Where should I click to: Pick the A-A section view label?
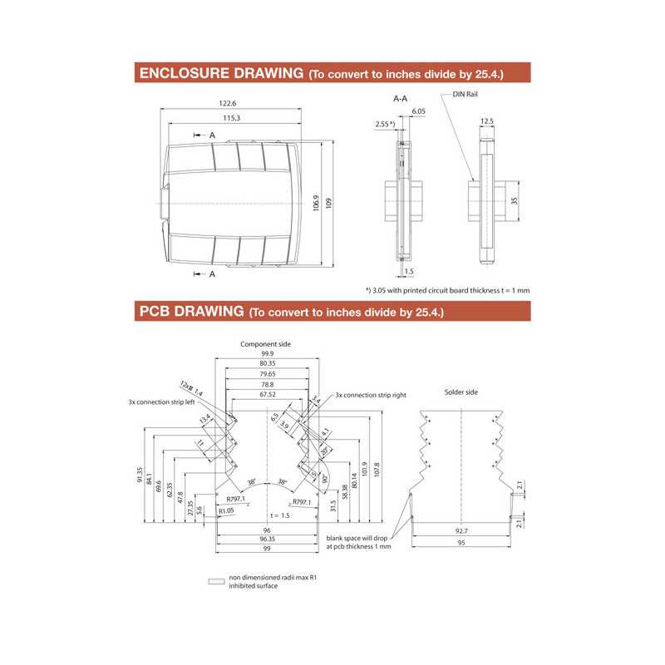pyautogui.click(x=400, y=98)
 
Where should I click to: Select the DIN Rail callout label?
pyautogui.click(x=465, y=95)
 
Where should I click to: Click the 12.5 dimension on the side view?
pyautogui.click(x=487, y=121)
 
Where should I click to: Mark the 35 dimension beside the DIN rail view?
pyautogui.click(x=515, y=201)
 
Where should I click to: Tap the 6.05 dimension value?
pyautogui.click(x=417, y=111)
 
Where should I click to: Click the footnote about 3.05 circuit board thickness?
pyautogui.click(x=447, y=290)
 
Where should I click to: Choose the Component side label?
pyautogui.click(x=265, y=343)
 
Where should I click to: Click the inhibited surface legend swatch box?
pyautogui.click(x=216, y=582)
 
